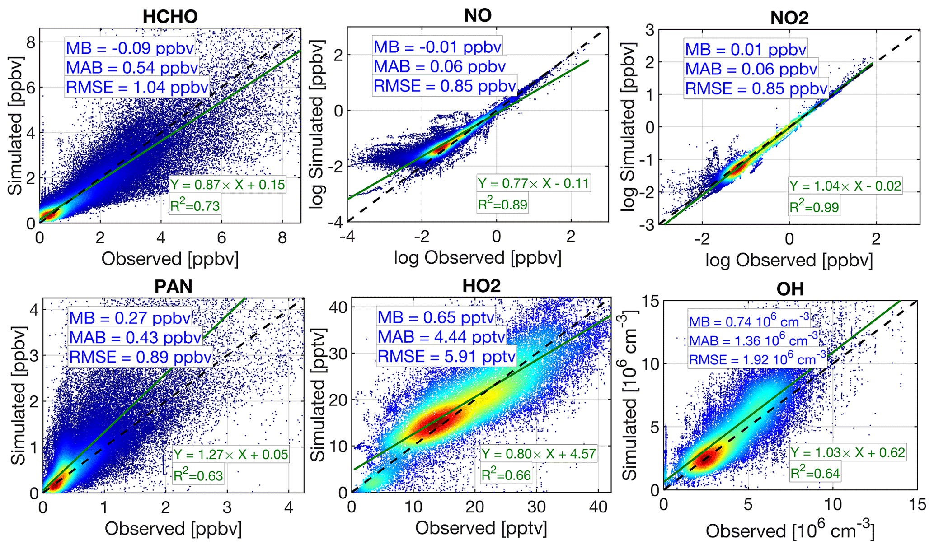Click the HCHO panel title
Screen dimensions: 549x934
(170, 17)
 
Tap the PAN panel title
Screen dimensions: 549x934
(174, 286)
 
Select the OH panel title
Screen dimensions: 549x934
(790, 289)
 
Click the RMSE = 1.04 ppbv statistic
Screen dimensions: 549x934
(137, 87)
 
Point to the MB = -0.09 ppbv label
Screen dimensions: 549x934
(130, 48)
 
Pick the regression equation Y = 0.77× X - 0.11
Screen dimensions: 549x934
(533, 183)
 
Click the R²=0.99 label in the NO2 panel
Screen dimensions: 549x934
(814, 207)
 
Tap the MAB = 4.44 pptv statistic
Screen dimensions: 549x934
(441, 337)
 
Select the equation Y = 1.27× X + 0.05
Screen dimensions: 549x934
(231, 454)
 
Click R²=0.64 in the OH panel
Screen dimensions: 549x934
(815, 473)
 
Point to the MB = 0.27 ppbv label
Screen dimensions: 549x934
(130, 318)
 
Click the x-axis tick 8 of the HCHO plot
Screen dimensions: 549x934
(282, 237)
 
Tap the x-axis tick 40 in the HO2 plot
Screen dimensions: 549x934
(599, 507)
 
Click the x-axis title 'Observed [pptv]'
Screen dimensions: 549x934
(481, 528)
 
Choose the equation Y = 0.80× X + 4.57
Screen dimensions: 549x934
(539, 454)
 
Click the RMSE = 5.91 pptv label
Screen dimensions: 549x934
(446, 357)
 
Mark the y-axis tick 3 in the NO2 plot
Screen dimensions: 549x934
(651, 30)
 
